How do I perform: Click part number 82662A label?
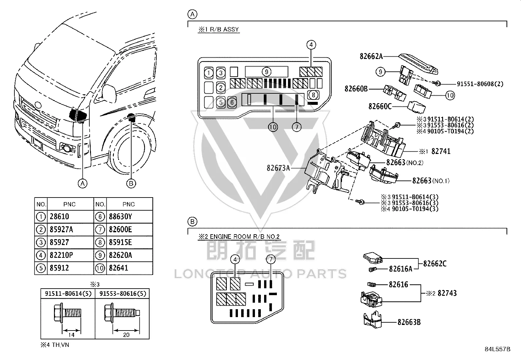371,56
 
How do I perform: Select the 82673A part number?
278,168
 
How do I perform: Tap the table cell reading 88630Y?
120,217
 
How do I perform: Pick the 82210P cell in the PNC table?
61,255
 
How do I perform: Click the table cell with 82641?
118,268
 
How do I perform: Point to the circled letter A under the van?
82,183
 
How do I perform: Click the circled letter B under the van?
131,183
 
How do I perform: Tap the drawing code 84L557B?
497,349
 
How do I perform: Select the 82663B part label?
409,322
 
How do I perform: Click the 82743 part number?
447,293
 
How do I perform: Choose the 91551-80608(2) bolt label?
480,84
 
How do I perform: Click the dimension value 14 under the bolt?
71,335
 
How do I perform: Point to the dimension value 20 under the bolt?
126,335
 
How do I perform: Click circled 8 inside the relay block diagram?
313,95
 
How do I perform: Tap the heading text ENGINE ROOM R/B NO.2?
245,237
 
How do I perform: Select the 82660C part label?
380,106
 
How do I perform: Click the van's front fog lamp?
68,148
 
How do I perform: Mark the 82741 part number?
441,151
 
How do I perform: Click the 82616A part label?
401,269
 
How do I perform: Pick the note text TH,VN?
61,345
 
